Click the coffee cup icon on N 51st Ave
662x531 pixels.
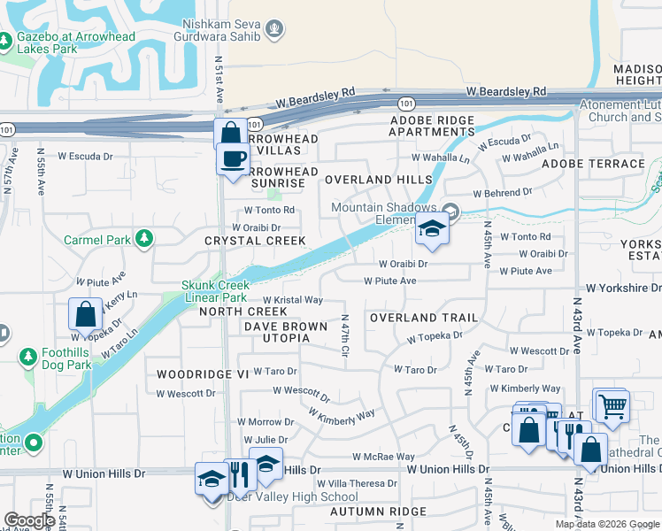[233, 159]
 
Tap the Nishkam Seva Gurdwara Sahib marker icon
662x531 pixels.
[275, 30]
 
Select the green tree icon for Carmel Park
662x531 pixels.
[142, 239]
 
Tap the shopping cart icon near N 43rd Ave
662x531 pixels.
[610, 405]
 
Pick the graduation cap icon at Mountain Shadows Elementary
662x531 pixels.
[431, 229]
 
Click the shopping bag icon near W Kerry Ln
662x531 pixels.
[85, 313]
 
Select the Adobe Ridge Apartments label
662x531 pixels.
[432, 126]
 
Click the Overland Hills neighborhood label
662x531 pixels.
[378, 179]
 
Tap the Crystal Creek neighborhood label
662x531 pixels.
[255, 241]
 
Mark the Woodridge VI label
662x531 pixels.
[203, 374]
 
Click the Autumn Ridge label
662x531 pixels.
[378, 512]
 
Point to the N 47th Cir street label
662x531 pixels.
[344, 336]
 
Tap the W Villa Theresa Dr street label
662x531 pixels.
[357, 483]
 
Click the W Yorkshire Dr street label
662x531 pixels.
[624, 289]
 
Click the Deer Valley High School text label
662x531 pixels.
[292, 496]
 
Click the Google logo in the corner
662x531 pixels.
[29, 520]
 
